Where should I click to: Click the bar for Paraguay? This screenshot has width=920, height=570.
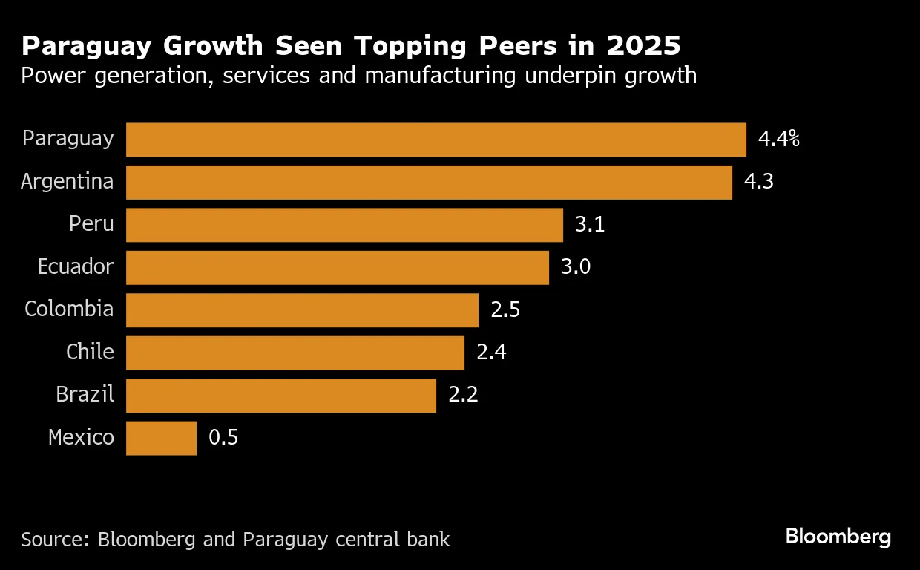pyautogui.click(x=436, y=140)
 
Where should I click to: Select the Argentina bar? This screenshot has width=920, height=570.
pyautogui.click(x=429, y=183)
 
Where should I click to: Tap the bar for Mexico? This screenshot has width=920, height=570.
pyautogui.click(x=161, y=438)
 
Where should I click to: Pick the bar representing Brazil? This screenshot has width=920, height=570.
pyautogui.click(x=281, y=396)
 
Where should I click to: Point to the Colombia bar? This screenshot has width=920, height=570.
pyautogui.click(x=302, y=310)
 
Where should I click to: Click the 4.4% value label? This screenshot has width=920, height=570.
pyautogui.click(x=778, y=140)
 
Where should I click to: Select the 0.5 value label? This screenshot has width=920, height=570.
pyautogui.click(x=223, y=438)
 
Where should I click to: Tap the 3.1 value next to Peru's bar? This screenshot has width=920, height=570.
pyautogui.click(x=590, y=225)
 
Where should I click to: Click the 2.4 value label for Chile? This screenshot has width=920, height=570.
pyautogui.click(x=491, y=353)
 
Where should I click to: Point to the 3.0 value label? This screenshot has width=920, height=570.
pyautogui.click(x=576, y=267)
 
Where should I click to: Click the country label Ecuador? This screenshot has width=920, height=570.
pyautogui.click(x=76, y=267)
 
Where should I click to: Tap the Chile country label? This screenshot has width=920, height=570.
pyautogui.click(x=90, y=353)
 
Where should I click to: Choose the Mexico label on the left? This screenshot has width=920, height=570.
pyautogui.click(x=81, y=438)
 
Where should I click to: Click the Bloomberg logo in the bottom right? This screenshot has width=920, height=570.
pyautogui.click(x=838, y=537)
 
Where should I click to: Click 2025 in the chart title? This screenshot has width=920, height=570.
pyautogui.click(x=643, y=46)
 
